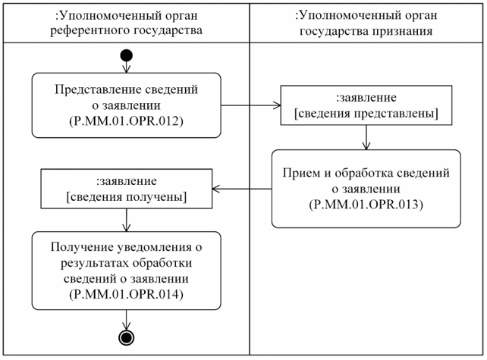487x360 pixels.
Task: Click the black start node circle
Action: [126, 55]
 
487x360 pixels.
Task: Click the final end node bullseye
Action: [126, 337]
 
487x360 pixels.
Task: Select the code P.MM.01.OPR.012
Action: [126, 121]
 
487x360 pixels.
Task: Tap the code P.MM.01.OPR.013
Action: [366, 205]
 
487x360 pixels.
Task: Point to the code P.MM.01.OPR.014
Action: [126, 295]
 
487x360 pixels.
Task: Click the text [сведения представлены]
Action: [366, 113]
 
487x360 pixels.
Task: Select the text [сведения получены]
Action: [127, 197]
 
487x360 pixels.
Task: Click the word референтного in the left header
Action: [90, 31]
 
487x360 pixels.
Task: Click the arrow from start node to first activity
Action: [126, 67]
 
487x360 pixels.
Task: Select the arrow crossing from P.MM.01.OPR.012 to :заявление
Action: [250, 106]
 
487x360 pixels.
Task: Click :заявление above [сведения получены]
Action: [127, 182]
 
